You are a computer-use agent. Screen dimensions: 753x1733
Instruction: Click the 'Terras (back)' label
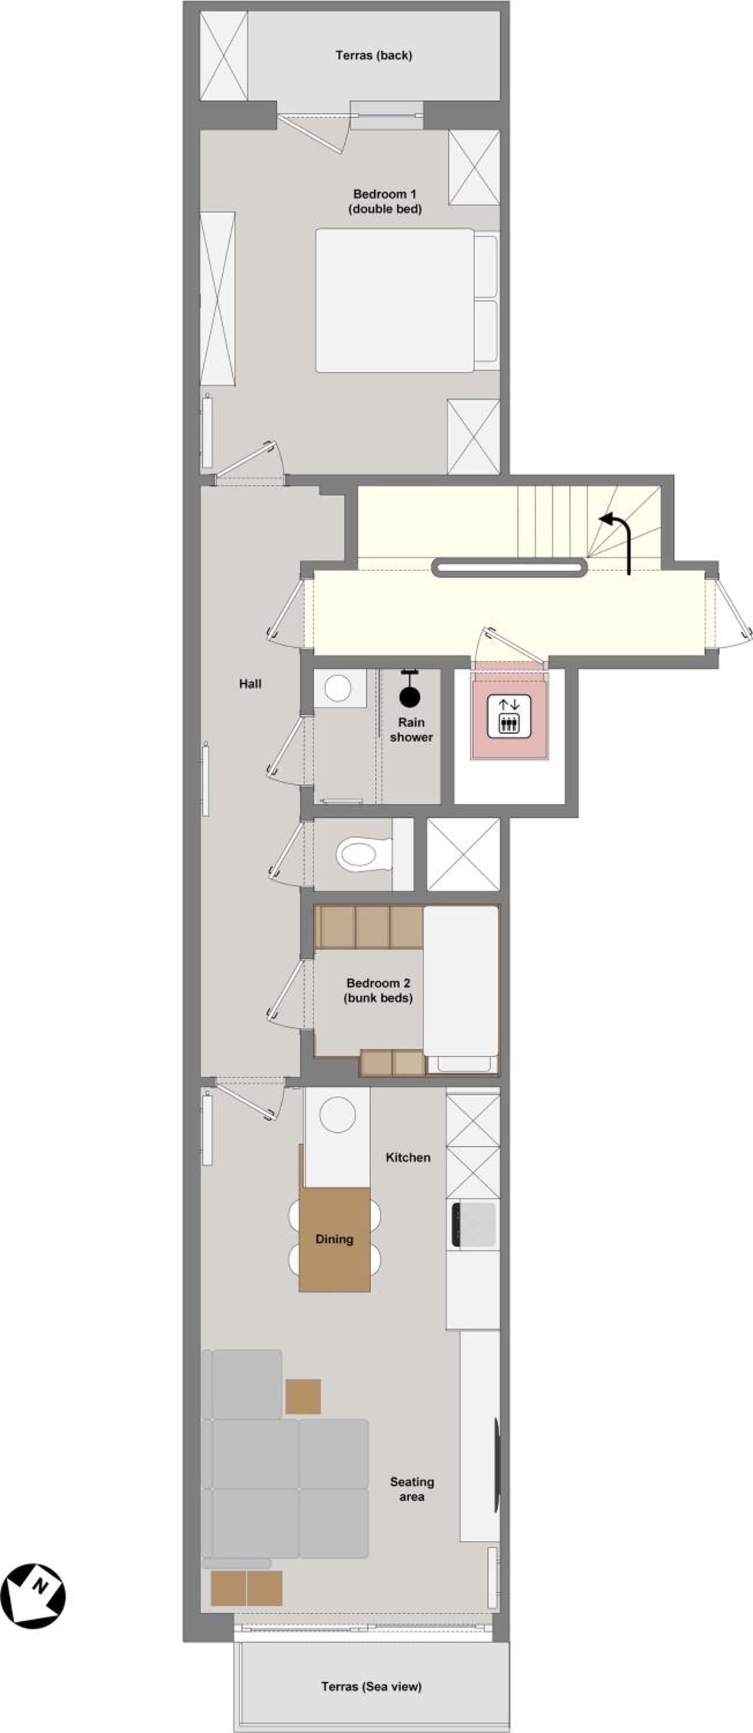pyautogui.click(x=374, y=55)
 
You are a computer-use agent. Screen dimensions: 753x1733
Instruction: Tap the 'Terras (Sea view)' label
pyautogui.click(x=371, y=1686)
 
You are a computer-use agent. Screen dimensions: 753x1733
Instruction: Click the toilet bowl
pyautogui.click(x=364, y=854)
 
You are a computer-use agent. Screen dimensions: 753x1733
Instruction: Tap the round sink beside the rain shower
pyautogui.click(x=338, y=687)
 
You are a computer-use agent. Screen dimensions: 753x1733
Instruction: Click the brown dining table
pyautogui.click(x=334, y=1239)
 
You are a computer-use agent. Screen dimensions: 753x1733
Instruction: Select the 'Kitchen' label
pyautogui.click(x=408, y=1157)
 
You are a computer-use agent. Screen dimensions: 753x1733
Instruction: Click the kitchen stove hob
pyautogui.click(x=474, y=1223)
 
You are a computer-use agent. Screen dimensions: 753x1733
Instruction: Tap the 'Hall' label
pyautogui.click(x=250, y=683)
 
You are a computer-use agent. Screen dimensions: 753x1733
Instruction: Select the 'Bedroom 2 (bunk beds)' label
pyautogui.click(x=378, y=990)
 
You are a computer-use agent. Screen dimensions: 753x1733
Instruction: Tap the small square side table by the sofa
pyautogui.click(x=303, y=1396)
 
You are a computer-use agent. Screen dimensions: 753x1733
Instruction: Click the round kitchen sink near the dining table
pyautogui.click(x=337, y=1115)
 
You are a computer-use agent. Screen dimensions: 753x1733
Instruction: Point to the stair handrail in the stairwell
pyautogui.click(x=510, y=568)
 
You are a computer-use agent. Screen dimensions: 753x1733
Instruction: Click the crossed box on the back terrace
pyautogui.click(x=224, y=55)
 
